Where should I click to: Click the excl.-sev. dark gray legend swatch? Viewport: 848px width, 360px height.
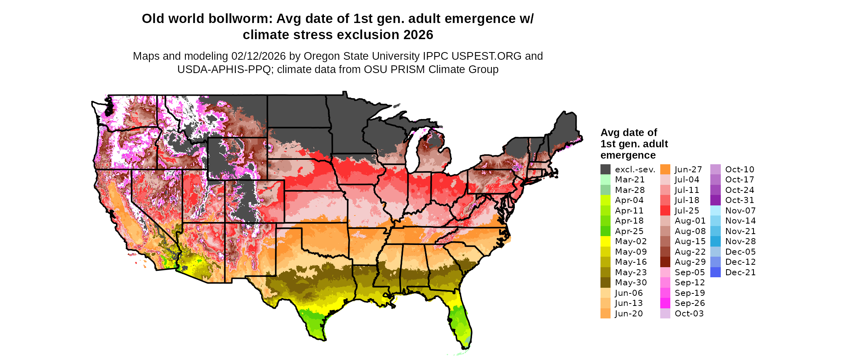605,170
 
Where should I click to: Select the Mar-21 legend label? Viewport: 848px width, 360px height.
630,180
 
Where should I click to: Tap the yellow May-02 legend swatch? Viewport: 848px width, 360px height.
605,241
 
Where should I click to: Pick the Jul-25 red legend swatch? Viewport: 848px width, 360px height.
665,211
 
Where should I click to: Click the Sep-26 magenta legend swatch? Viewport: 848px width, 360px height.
665,303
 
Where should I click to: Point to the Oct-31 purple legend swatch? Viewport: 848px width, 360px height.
715,200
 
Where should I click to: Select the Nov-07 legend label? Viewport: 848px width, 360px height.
740,211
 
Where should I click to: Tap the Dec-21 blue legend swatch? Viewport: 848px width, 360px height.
715,272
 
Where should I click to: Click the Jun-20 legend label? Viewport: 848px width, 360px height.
629,314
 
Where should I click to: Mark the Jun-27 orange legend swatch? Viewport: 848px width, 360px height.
665,170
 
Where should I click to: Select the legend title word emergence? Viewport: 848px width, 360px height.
628,155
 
